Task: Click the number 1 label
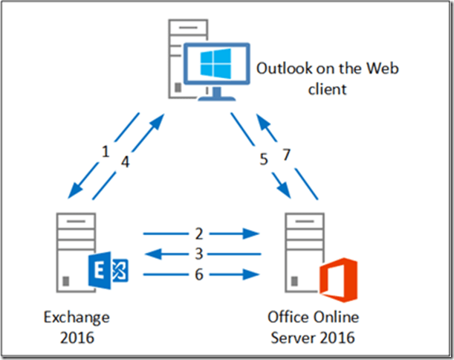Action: (106, 152)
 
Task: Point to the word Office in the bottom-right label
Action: (287, 318)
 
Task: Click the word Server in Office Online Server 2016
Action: (292, 337)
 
